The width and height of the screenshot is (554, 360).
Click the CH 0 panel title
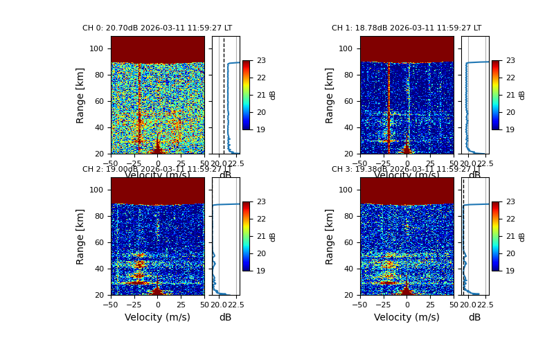tap(157, 28)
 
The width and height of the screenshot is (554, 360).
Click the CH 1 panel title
tap(406, 28)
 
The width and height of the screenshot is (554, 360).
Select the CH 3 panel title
tap(406, 170)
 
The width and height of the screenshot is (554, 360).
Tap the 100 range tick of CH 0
tap(99, 49)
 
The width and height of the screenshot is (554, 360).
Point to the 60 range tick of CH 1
tap(348, 102)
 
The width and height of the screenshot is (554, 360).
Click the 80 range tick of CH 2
tap(99, 217)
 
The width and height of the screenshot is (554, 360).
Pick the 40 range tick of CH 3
tap(348, 269)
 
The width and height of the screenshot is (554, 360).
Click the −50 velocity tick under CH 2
tap(111, 305)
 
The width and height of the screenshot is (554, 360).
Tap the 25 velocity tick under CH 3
tap(430, 305)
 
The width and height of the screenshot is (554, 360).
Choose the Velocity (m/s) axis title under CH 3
tap(406, 318)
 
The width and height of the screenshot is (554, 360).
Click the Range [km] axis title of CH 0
tap(81, 95)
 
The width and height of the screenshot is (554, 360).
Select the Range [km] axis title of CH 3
tap(330, 236)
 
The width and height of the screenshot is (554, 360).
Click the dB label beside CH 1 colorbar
tap(522, 95)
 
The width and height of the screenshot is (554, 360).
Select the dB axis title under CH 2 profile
tap(225, 318)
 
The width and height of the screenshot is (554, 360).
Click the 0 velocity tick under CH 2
tap(157, 305)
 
